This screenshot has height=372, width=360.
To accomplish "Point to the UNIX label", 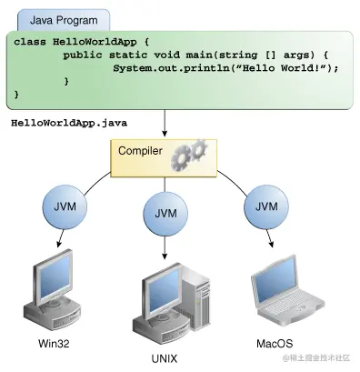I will tap(165, 358).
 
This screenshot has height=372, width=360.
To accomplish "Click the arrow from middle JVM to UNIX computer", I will tap(165, 246).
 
